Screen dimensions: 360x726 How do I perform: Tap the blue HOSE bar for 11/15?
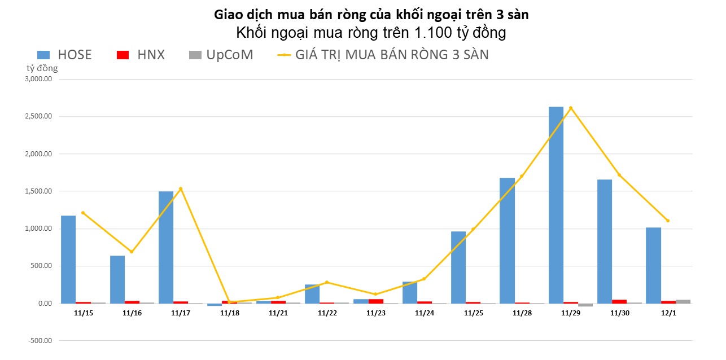click(x=68, y=260)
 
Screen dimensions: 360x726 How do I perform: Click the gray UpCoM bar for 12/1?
click(x=683, y=301)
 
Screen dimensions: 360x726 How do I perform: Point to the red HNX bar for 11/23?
click(x=376, y=301)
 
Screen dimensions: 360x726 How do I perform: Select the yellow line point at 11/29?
click(x=571, y=108)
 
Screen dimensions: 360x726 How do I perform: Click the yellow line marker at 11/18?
click(x=229, y=302)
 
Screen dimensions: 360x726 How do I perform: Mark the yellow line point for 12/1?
click(x=668, y=221)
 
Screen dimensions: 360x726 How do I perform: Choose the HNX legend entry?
click(x=141, y=55)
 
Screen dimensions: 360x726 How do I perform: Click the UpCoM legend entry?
click(x=221, y=55)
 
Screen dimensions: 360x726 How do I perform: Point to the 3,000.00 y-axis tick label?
click(x=38, y=80)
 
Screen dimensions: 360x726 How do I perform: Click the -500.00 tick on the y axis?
click(x=40, y=341)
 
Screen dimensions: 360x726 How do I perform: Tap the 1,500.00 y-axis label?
click(x=38, y=191)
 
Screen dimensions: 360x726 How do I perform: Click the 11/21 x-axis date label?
click(x=278, y=312)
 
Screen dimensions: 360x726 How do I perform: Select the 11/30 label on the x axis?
click(x=619, y=312)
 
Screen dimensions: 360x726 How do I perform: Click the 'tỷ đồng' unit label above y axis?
click(x=42, y=68)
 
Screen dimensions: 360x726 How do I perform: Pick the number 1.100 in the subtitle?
click(x=433, y=33)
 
